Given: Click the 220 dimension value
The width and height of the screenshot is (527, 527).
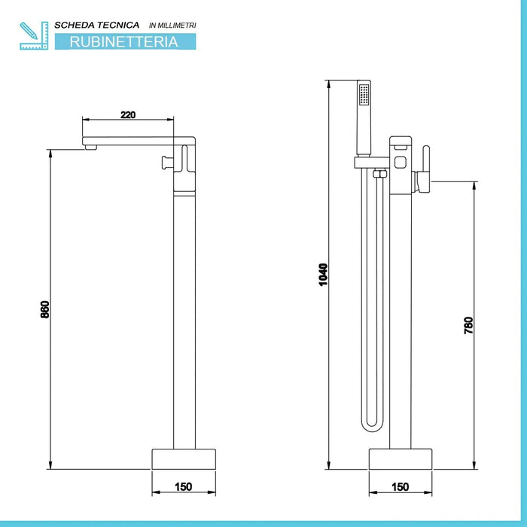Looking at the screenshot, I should [128, 114].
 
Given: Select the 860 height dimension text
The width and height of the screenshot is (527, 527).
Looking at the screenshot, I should [44, 309].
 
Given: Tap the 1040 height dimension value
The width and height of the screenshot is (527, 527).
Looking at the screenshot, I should [324, 273].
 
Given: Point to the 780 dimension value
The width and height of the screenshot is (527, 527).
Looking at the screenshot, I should [468, 325].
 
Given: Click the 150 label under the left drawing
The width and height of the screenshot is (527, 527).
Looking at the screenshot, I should [183, 486].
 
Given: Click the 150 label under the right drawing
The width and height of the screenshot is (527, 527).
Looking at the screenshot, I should [400, 486].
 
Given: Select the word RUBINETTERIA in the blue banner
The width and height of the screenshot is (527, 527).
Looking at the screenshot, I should [124, 42].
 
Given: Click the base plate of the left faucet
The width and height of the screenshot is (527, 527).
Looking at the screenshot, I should [184, 459].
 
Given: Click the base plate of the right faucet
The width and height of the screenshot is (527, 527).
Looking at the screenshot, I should [400, 459].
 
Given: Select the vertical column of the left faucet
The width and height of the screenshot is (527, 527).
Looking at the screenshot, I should [184, 316].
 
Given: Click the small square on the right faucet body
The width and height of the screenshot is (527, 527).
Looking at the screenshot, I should [401, 161].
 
